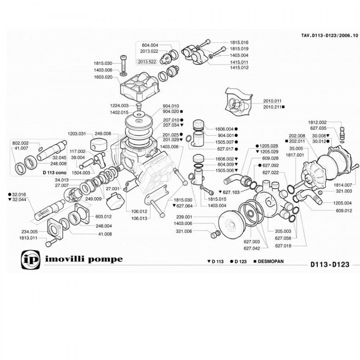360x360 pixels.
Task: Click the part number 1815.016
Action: (x=239, y=42)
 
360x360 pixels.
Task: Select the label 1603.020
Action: (x=103, y=77)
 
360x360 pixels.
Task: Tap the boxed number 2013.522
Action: (x=147, y=62)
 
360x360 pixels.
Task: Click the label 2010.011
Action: (x=272, y=101)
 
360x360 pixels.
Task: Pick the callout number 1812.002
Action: (x=317, y=122)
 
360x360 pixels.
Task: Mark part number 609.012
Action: (x=343, y=211)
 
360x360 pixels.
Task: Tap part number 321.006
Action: (x=183, y=231)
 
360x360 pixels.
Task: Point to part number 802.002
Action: (x=21, y=142)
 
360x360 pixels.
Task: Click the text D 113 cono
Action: (x=55, y=172)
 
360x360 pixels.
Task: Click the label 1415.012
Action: (x=239, y=67)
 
